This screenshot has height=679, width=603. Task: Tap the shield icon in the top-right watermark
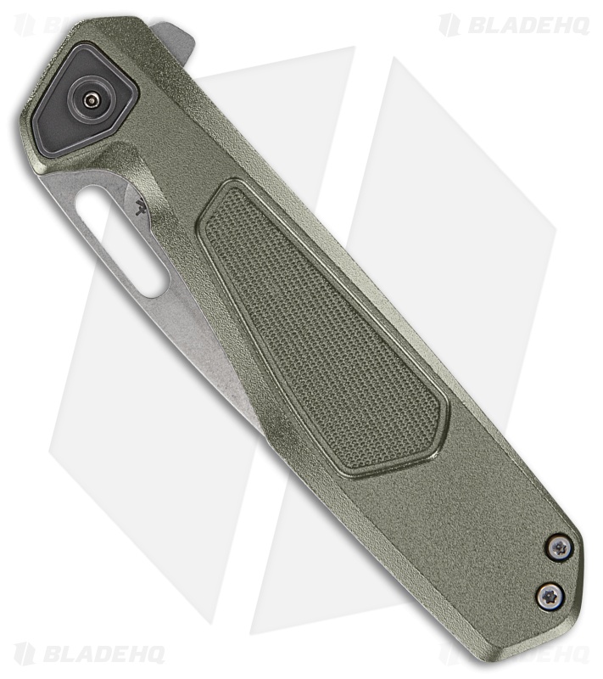click(449, 25)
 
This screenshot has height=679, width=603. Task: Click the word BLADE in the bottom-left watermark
click(73, 654)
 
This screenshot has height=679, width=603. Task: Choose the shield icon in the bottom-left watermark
click(24, 654)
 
